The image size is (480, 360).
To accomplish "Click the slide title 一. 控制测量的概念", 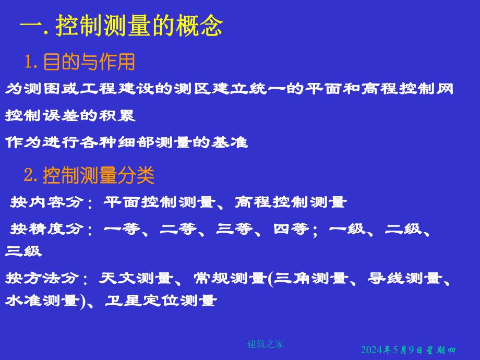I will click(121, 25).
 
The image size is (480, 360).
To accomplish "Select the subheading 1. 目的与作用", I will click(80, 63).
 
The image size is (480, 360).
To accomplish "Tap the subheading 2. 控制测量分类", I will click(89, 175).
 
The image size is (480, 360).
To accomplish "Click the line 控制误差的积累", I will click(70, 116).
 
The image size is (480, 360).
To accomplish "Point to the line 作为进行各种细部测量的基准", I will click(126, 142).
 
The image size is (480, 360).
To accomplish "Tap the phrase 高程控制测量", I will click(290, 202).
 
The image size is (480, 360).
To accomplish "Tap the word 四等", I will click(291, 229).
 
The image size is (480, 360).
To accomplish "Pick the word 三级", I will click(23, 251).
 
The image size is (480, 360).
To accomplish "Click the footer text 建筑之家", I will click(265, 343).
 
